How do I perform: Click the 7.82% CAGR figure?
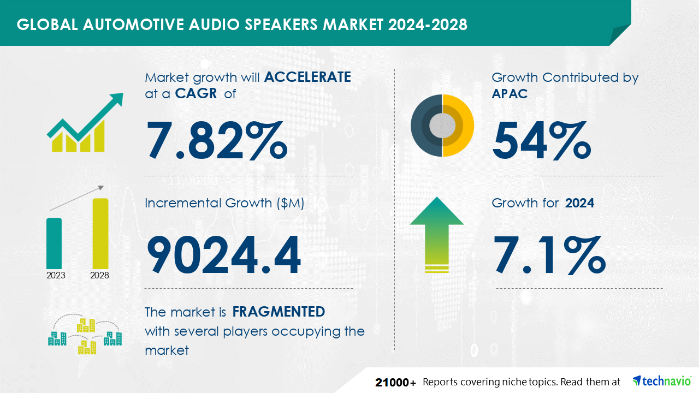click(x=217, y=141)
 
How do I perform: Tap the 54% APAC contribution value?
click(x=541, y=141)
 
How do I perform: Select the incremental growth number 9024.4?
click(x=224, y=255)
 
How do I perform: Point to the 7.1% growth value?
click(x=549, y=255)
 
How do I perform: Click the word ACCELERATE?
click(x=307, y=77)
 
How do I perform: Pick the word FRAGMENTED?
click(x=279, y=312)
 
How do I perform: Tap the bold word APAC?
click(x=510, y=93)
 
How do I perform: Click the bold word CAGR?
click(x=196, y=93)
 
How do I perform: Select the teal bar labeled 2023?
click(x=54, y=243)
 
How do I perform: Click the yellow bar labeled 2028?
click(x=100, y=233)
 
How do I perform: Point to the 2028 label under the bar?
click(x=99, y=276)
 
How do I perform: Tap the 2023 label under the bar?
click(x=56, y=276)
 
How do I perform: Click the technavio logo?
click(x=662, y=381)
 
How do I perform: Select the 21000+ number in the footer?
click(x=395, y=383)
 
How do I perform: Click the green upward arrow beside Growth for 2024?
click(x=437, y=235)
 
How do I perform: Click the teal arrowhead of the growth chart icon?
click(x=117, y=99)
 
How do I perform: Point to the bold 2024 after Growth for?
click(x=579, y=203)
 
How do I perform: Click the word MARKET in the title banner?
click(x=353, y=25)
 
